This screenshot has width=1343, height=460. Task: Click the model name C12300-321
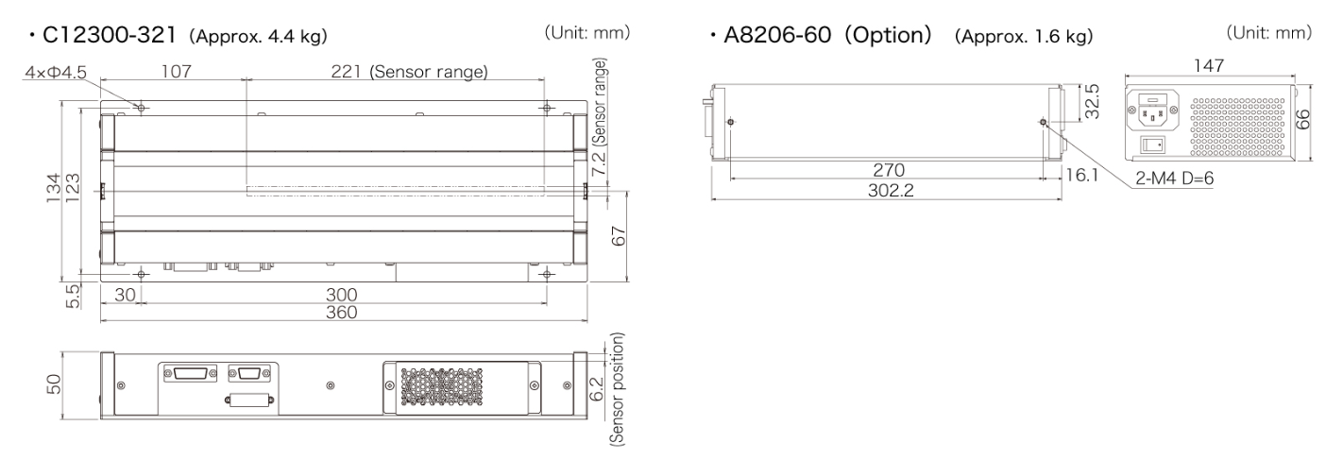click(x=110, y=35)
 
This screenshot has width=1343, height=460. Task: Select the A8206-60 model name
click(x=777, y=35)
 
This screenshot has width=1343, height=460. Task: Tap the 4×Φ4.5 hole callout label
click(x=56, y=73)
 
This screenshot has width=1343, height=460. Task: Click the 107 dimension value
click(x=177, y=72)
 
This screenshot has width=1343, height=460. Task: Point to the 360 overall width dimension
click(x=342, y=313)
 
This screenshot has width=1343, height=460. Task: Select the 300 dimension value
click(x=342, y=295)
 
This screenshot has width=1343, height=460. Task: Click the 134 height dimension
click(x=53, y=188)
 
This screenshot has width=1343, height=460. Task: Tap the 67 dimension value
click(x=619, y=236)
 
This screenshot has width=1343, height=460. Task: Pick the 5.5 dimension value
click(x=73, y=297)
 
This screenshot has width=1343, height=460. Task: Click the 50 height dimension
click(x=53, y=384)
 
